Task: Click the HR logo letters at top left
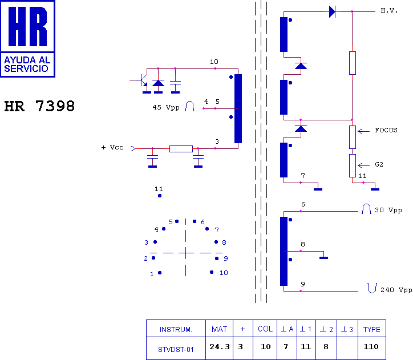tap(27, 26)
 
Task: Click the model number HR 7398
tap(39, 106)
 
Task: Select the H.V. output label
tap(389, 10)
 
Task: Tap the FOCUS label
tap(386, 130)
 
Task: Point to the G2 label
tap(379, 164)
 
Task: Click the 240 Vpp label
tap(396, 290)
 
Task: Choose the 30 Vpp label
tap(388, 210)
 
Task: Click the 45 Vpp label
tap(166, 107)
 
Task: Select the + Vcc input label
tap(112, 147)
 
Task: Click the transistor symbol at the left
tap(142, 80)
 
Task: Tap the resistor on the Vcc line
tap(181, 149)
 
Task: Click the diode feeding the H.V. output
tap(332, 11)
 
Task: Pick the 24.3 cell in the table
tap(220, 347)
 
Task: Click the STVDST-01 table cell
tap(176, 350)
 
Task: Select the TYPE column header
tap(372, 329)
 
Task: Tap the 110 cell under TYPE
tap(371, 346)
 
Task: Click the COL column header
tap(265, 329)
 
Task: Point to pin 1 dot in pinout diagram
tap(160, 273)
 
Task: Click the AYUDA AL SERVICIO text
tap(27, 64)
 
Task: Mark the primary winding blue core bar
tap(238, 109)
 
